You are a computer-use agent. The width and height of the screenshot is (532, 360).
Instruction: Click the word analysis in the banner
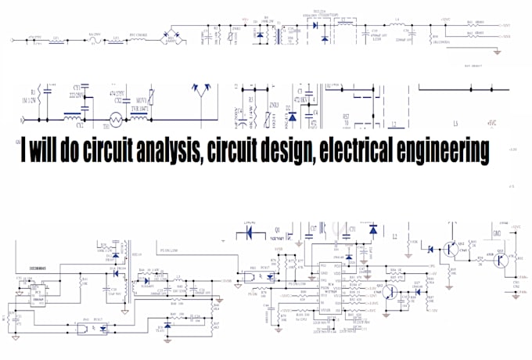(x=156, y=149)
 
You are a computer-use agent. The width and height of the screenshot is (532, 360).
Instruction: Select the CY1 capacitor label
(x=77, y=88)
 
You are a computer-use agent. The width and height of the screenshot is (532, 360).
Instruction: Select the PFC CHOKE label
(x=139, y=34)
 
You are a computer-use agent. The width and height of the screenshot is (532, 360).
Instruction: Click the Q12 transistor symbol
(x=448, y=249)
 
